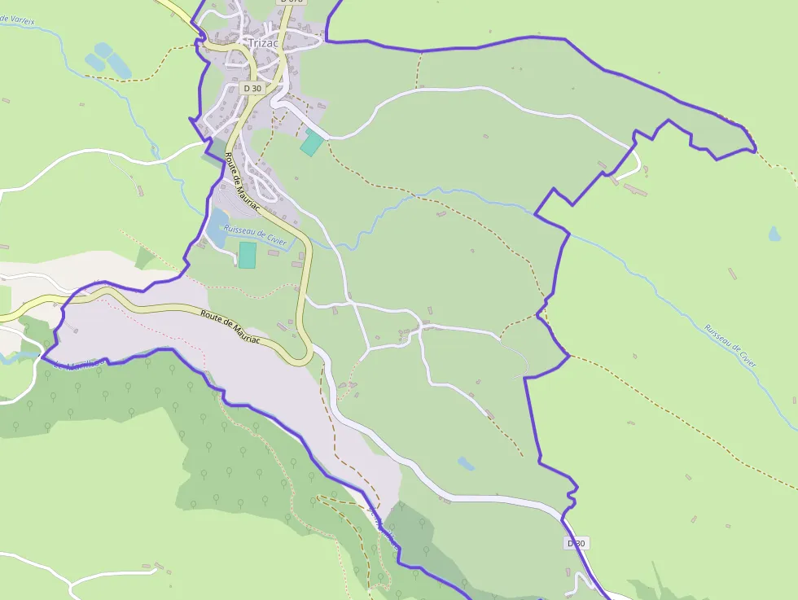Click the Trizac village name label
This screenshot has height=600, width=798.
coord(264,42)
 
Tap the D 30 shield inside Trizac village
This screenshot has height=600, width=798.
coord(252,88)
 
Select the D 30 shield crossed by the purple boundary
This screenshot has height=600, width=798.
coord(576,543)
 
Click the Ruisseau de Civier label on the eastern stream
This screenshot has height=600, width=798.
coord(730,345)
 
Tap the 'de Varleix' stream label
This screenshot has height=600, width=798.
coord(18,19)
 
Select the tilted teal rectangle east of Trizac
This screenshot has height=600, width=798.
coord(311,143)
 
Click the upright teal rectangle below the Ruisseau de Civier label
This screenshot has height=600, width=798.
coord(248,255)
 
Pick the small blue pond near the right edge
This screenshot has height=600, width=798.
coord(774,234)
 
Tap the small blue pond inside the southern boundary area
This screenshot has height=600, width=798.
coord(466,463)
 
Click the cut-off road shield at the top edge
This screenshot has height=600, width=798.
coord(290,2)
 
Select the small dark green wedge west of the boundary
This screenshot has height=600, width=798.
coord(144,258)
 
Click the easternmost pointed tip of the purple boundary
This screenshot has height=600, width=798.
coord(755,150)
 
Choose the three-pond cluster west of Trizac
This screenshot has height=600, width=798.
coord(108,59)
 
